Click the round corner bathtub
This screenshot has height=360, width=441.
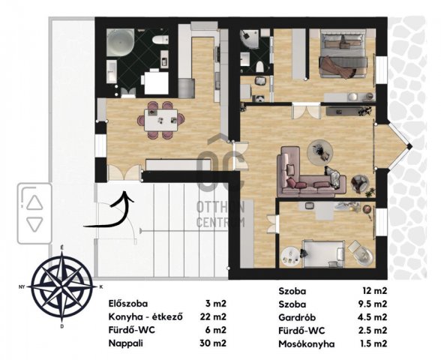(x=120, y=42)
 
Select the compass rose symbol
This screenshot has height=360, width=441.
(x=61, y=286)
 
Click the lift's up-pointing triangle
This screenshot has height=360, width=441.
(x=34, y=202)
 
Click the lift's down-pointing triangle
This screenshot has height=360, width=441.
(x=34, y=224)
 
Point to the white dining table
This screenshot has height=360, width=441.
(x=160, y=120)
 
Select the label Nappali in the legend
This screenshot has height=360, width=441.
(x=126, y=343)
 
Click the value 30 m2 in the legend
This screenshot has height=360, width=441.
(x=213, y=343)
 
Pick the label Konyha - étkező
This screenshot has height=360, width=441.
(x=145, y=317)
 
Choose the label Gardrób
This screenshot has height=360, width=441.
(x=297, y=317)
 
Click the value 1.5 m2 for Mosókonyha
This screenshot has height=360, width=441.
(x=373, y=343)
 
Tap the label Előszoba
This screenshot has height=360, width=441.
(x=128, y=304)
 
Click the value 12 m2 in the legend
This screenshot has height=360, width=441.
(x=375, y=291)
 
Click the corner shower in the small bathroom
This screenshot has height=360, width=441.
(x=249, y=39)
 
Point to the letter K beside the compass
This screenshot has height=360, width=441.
(x=101, y=287)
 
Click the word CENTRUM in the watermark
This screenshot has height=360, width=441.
(x=220, y=222)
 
